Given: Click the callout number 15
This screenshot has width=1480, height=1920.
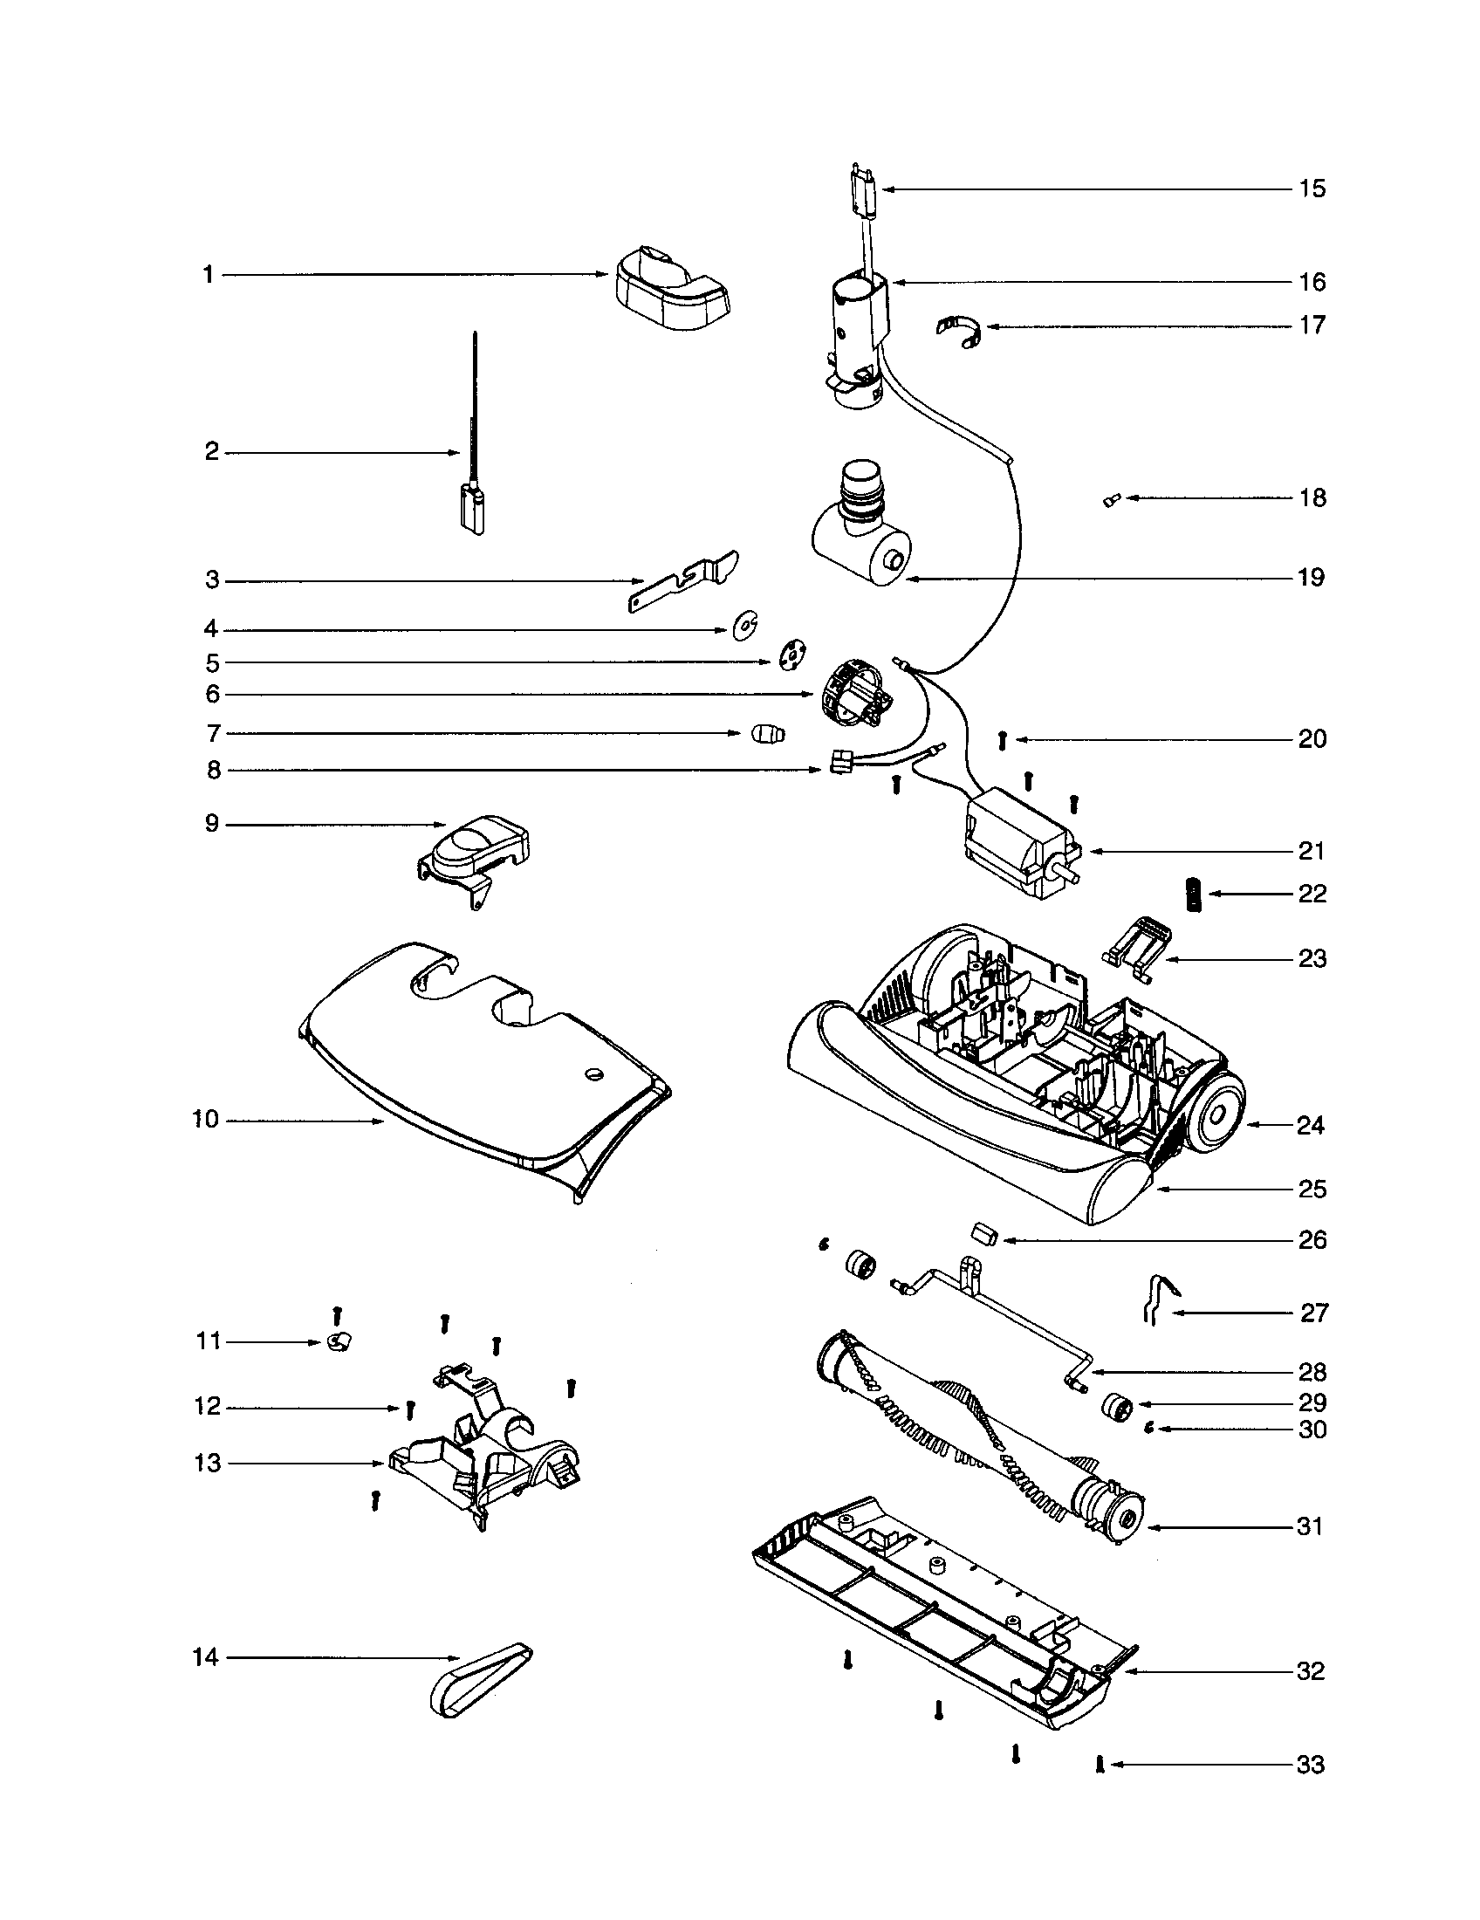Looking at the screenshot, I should (x=1312, y=189).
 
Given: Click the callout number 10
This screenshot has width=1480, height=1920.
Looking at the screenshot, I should (x=205, y=1121).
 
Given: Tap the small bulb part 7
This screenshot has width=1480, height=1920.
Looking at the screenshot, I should (x=767, y=734).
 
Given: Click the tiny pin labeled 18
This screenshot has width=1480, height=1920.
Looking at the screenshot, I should (x=1111, y=501).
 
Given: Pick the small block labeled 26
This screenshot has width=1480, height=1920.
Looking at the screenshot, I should (x=983, y=1232).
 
